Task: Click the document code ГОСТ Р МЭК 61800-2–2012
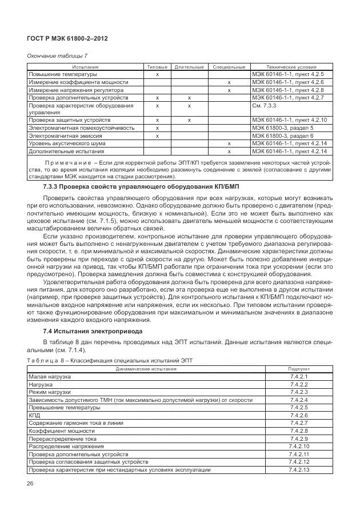[x=67, y=38]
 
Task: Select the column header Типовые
[x=157, y=67]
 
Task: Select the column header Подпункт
[x=299, y=369]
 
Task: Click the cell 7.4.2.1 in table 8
[x=299, y=377]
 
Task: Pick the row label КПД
[x=34, y=415]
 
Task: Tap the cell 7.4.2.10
[x=299, y=446]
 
